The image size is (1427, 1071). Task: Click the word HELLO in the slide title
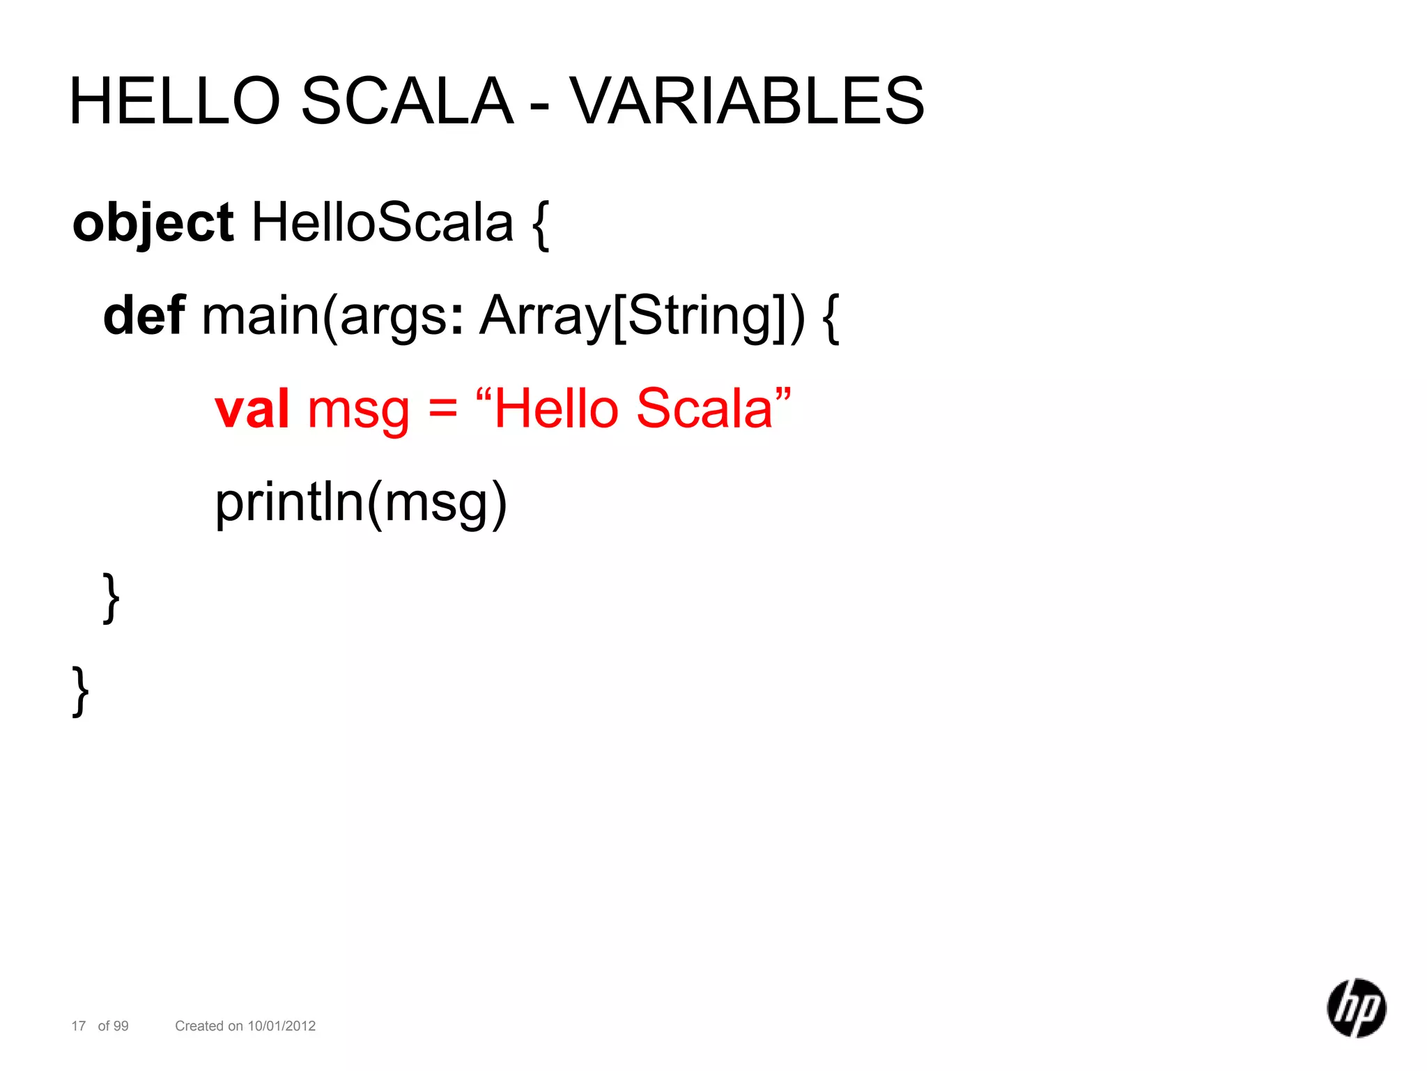[x=174, y=101]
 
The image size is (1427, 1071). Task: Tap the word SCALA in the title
[x=407, y=101]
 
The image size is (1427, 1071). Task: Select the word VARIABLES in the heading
[x=748, y=101]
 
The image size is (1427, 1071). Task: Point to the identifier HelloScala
[x=382, y=223]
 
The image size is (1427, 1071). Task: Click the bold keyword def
[x=144, y=316]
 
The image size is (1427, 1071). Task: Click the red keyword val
[x=252, y=409]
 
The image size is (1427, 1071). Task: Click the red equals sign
[x=442, y=409]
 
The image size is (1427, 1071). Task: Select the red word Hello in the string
[x=556, y=409]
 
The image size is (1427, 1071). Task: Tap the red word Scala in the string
[x=704, y=409]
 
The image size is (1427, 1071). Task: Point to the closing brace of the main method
[x=111, y=598]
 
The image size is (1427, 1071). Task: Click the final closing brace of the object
[x=81, y=691]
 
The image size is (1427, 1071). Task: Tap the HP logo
[x=1356, y=1008]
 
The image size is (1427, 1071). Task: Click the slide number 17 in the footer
[x=79, y=1026]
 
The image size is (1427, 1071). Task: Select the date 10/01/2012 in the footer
[x=281, y=1026]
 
